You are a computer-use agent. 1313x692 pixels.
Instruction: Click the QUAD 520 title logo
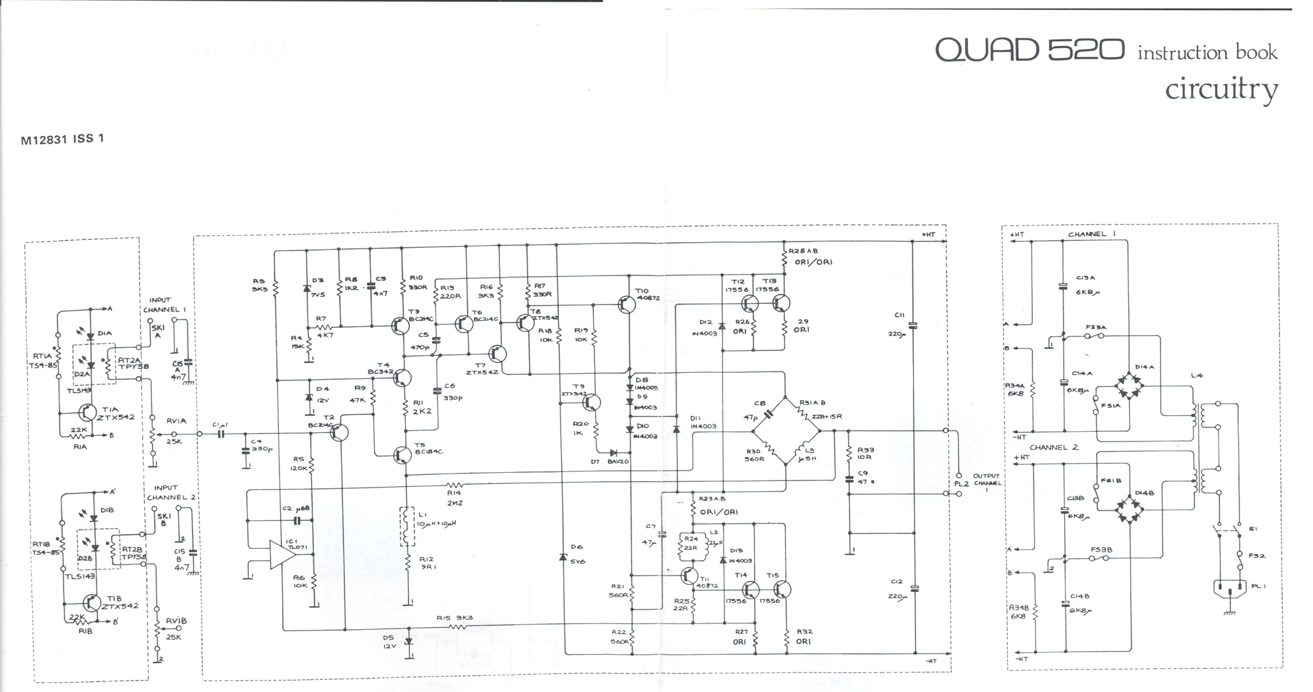coord(1029,50)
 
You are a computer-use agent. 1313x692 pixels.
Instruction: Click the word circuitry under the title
coord(1221,90)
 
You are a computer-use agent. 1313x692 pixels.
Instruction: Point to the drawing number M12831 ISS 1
coord(62,139)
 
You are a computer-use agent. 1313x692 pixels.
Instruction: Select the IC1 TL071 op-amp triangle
coord(281,555)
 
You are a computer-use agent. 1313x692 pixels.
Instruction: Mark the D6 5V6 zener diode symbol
coord(563,557)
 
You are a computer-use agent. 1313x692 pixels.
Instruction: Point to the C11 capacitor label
coord(899,315)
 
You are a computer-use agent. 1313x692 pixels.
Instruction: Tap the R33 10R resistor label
coord(865,453)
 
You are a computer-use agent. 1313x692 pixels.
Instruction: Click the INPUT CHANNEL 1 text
coord(164,305)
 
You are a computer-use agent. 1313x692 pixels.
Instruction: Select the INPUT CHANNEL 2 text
coord(171,492)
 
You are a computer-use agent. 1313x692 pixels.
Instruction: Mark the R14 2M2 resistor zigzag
coord(455,485)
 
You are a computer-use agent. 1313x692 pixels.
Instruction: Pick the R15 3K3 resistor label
coord(454,618)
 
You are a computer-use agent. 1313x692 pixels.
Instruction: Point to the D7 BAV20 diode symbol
coord(613,452)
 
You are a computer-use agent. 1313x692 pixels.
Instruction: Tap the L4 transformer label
coord(1196,375)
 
